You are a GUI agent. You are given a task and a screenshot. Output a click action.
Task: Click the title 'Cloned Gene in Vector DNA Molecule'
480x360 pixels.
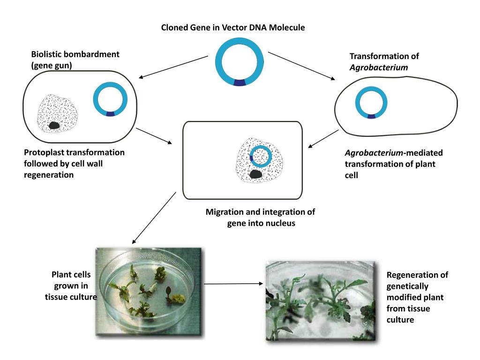click(233, 28)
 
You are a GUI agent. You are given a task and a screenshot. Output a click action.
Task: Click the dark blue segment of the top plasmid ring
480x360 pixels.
click(240, 82)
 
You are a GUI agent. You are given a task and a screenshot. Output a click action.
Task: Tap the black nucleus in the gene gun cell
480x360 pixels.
click(55, 125)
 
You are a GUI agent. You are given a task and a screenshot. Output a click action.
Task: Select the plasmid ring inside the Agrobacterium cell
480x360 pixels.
click(371, 101)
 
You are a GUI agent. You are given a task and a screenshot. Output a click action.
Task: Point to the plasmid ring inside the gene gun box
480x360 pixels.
click(110, 100)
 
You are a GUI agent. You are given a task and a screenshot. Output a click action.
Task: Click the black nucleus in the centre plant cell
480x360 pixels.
click(255, 174)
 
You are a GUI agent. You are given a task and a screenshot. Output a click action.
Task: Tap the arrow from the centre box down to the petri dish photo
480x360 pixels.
click(154, 218)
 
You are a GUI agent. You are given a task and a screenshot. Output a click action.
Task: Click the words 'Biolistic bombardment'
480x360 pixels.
click(75, 54)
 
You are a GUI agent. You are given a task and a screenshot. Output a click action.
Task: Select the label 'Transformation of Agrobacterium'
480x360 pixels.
click(384, 62)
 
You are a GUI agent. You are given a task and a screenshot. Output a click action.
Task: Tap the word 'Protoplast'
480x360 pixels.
click(45, 153)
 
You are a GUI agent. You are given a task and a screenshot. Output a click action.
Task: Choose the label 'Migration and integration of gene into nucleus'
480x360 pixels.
click(260, 217)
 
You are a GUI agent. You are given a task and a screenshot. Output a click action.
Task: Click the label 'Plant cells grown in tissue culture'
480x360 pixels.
click(71, 285)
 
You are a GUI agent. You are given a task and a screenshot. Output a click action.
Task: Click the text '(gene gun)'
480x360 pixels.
click(51, 66)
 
